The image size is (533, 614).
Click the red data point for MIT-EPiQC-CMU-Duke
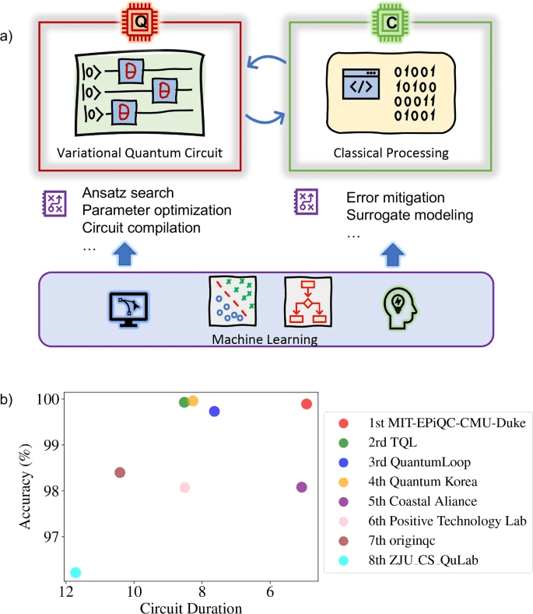coord(307,404)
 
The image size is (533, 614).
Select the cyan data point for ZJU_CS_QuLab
coord(75,573)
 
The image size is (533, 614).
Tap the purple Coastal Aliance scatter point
coord(302,487)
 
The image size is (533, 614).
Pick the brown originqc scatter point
coord(120,472)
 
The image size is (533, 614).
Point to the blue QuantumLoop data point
coord(215,411)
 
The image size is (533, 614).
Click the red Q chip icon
coord(141,23)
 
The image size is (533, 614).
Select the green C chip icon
coord(390,23)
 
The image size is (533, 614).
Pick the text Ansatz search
coord(128,193)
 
